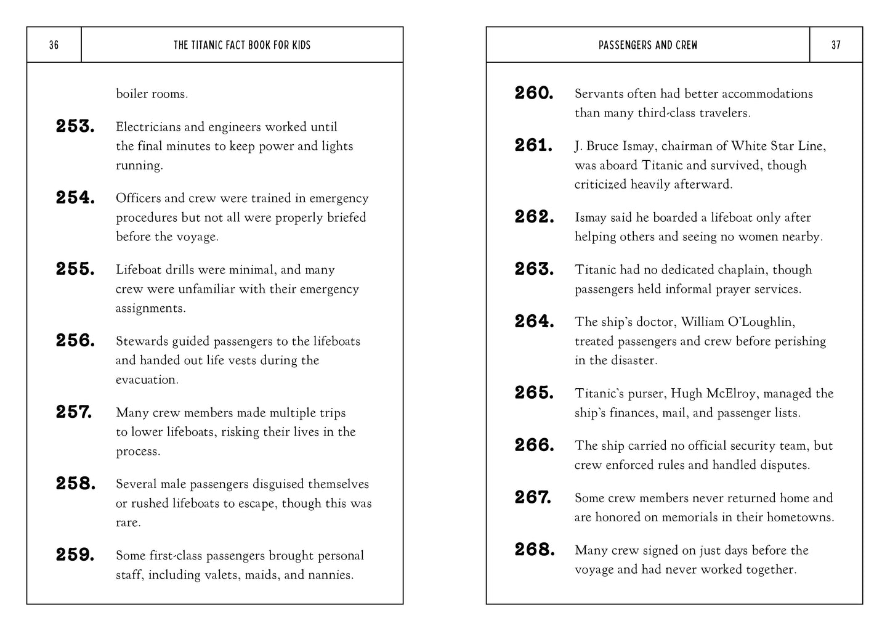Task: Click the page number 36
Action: pos(54,45)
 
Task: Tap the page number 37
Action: pos(836,45)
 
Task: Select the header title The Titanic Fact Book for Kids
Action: pos(242,45)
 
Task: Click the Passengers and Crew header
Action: pos(648,45)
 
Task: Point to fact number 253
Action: pos(75,127)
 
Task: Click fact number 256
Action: pos(75,341)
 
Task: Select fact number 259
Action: pos(75,555)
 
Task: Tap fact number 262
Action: pos(534,217)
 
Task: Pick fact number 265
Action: pos(534,393)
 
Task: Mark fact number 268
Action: pos(534,550)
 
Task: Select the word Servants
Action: pos(599,94)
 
